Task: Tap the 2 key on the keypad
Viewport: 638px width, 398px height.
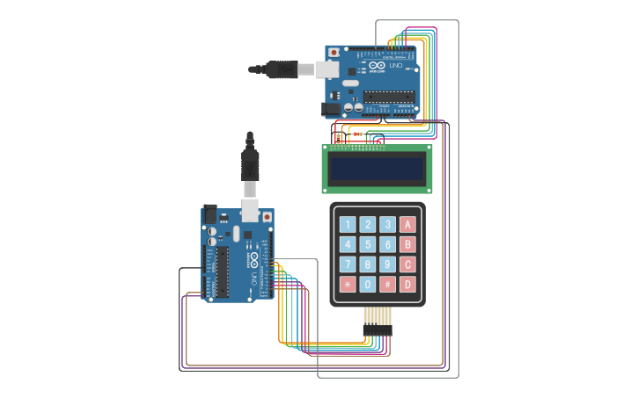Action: click(368, 224)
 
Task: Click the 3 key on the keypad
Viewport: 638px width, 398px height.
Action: click(387, 224)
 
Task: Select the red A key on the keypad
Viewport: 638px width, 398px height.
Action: click(407, 224)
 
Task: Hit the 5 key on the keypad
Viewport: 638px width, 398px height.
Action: click(368, 244)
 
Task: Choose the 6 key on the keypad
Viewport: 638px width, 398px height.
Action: click(387, 244)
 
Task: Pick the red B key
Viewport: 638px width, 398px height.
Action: click(407, 244)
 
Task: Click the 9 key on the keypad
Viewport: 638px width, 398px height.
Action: click(387, 264)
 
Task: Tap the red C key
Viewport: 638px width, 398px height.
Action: click(407, 264)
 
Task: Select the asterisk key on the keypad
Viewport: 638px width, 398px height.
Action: click(348, 285)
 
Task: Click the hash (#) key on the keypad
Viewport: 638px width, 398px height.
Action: click(387, 285)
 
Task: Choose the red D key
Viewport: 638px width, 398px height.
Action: click(407, 285)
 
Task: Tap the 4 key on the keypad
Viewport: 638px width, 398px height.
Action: click(348, 244)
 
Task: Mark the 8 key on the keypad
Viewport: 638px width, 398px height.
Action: click(368, 264)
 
